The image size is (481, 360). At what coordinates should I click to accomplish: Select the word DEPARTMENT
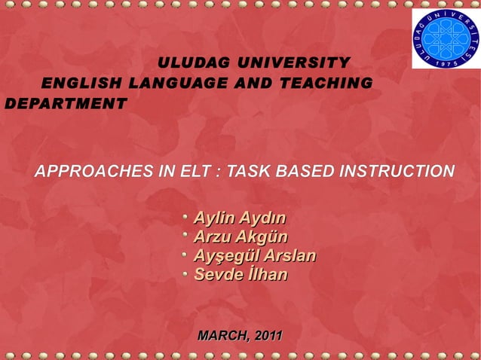click(62, 102)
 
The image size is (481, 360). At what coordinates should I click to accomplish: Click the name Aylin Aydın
click(240, 219)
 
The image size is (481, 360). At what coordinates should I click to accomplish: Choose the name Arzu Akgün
click(236, 238)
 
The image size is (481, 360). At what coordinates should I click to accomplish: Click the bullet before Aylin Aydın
click(184, 217)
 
